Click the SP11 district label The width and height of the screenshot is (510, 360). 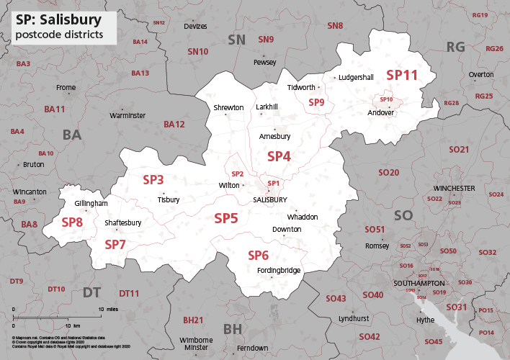point(402,75)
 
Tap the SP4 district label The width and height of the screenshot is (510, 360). point(279,156)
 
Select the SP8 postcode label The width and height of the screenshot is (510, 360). point(72,222)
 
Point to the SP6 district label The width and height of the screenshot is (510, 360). point(259,256)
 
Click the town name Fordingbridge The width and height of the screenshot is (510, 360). point(279,271)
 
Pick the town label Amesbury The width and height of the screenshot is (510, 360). point(274,136)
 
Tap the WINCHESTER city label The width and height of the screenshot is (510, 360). point(454,188)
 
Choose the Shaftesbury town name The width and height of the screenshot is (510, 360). point(123,223)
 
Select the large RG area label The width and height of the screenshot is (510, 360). point(456,47)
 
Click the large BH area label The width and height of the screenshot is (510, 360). point(233,329)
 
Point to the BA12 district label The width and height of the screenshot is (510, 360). point(174,125)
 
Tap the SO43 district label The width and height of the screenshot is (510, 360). point(336,298)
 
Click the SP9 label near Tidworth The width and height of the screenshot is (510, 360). point(316,103)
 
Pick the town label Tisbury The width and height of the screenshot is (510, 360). point(169,199)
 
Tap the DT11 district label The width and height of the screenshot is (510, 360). point(129,293)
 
